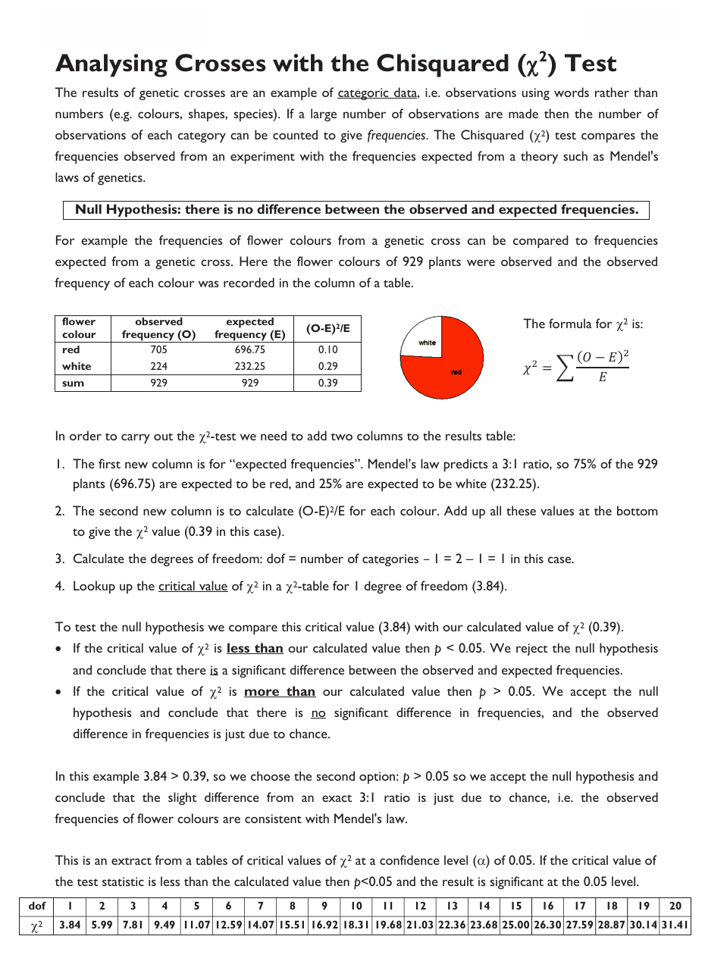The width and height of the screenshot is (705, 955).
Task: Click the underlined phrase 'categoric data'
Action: click(377, 93)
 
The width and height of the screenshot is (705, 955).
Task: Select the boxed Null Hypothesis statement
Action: click(356, 210)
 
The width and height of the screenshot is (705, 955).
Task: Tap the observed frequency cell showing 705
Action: click(158, 350)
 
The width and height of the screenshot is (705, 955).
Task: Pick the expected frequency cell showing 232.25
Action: click(249, 366)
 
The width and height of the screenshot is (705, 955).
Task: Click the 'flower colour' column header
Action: click(79, 328)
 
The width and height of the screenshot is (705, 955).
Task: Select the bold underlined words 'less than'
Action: click(255, 649)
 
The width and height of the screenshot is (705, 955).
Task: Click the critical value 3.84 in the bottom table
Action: click(70, 925)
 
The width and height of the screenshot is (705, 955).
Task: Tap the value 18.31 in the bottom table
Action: click(356, 925)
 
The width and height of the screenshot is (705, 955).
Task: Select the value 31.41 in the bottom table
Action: click(675, 925)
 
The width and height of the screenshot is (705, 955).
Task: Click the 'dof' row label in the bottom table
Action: click(36, 906)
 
